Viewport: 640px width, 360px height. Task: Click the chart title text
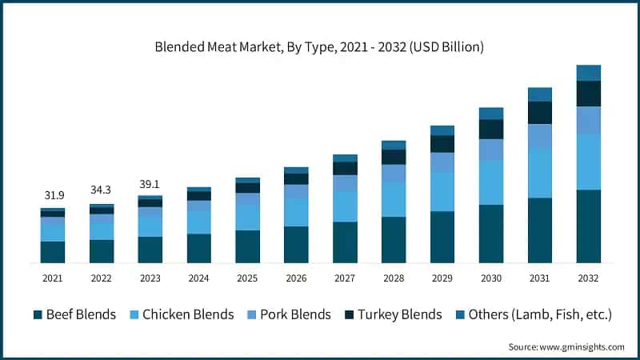tap(319, 47)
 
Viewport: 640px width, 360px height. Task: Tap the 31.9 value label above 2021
tap(53, 196)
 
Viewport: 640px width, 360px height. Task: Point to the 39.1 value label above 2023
tap(150, 183)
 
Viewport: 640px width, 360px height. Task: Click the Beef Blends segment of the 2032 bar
tap(589, 226)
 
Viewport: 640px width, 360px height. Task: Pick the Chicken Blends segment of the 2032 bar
tap(589, 162)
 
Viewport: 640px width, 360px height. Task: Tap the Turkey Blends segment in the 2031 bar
tap(540, 112)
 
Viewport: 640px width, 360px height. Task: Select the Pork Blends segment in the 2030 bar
tap(491, 150)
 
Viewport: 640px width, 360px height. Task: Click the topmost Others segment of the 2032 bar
tap(589, 73)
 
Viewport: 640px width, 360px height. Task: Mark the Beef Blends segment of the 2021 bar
tap(53, 252)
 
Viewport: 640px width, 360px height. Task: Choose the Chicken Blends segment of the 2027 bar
tap(345, 206)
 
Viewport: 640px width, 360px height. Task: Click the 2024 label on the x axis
tap(198, 278)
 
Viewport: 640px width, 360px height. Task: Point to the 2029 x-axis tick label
tap(442, 278)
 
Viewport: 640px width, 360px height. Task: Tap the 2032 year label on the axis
tap(589, 278)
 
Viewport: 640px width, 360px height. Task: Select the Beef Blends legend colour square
tap(38, 315)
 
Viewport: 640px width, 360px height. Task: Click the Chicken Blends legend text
tap(188, 314)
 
